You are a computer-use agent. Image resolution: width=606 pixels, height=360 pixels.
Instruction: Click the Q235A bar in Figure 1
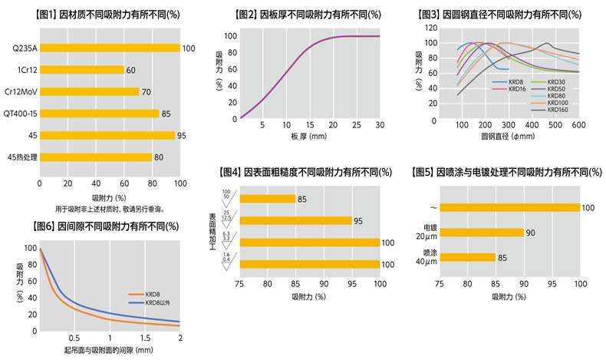[110, 48]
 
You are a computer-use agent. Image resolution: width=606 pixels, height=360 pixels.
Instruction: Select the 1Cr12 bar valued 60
[81, 70]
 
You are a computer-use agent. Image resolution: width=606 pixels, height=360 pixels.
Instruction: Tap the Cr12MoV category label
[22, 92]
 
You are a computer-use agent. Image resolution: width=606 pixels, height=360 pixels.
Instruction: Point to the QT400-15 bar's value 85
[166, 114]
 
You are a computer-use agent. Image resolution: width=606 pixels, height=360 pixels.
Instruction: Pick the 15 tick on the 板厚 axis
[310, 124]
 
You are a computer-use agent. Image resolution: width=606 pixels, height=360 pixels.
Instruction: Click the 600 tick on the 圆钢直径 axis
[578, 124]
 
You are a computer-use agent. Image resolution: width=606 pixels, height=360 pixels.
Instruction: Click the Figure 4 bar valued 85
[267, 199]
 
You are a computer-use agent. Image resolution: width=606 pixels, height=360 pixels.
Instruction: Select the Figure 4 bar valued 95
[295, 221]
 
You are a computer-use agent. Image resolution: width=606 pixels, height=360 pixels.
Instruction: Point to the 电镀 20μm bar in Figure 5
[481, 233]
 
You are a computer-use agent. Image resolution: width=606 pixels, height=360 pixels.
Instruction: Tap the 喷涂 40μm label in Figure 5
[423, 257]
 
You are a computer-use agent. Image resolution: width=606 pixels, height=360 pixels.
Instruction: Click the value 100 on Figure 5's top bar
[588, 207]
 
